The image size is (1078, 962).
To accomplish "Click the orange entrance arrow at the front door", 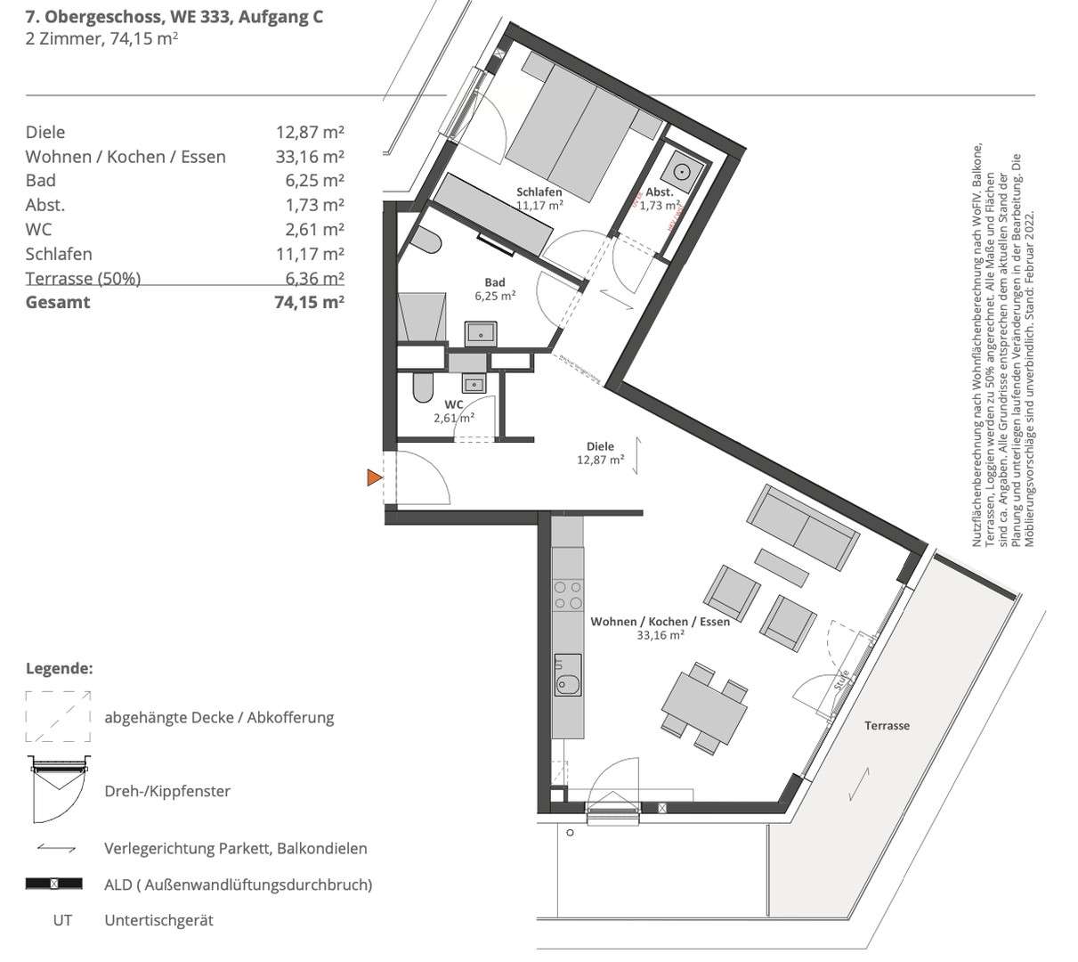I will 374,478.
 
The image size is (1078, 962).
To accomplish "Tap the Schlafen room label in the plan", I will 539,192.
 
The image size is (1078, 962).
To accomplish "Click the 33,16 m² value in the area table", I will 309,157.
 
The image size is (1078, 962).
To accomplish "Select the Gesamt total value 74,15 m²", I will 309,302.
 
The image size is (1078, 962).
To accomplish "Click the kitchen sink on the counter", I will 567,684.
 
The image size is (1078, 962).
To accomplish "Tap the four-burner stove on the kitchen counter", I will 567,595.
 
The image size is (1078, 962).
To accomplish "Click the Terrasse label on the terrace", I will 887,726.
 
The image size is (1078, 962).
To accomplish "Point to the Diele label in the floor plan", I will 600,447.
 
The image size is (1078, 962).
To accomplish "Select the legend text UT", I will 61,920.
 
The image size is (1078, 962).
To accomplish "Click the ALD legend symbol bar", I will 54,885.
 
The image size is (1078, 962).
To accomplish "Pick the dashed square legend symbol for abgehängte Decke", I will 58,716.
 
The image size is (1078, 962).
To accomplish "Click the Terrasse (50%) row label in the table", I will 83,278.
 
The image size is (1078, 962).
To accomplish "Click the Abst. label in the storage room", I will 658,192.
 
